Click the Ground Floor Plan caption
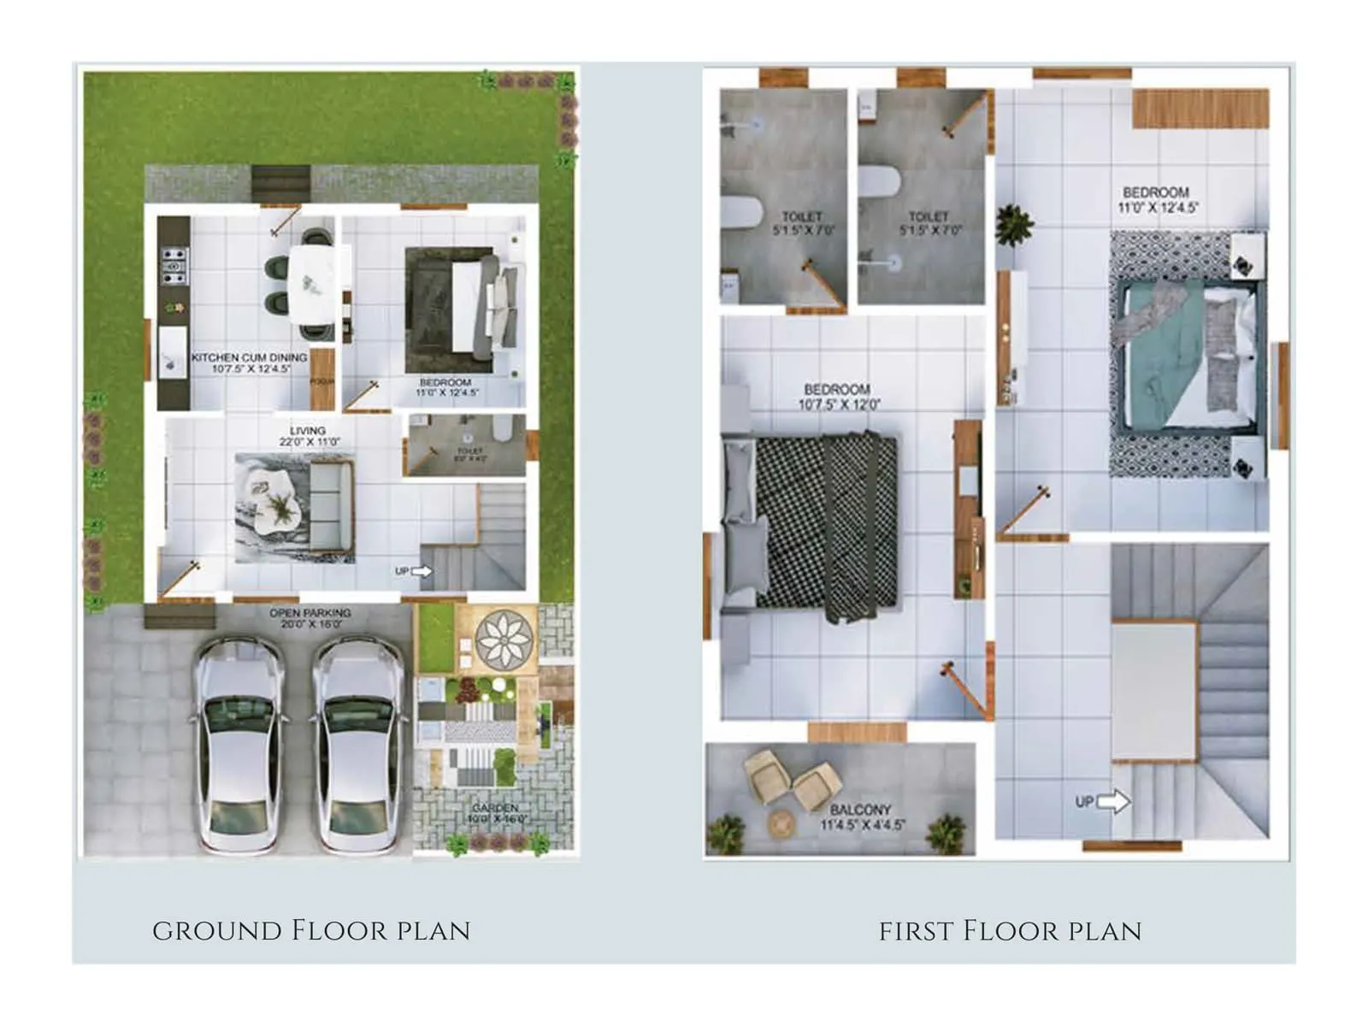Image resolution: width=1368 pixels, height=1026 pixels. [311, 930]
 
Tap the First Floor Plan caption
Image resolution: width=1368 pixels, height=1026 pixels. [1010, 930]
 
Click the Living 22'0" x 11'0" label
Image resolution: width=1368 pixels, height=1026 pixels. [309, 436]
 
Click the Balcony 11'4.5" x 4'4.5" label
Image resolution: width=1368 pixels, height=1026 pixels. [861, 817]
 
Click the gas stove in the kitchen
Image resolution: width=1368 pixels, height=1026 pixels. [174, 265]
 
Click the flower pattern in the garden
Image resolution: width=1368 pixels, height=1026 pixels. [504, 638]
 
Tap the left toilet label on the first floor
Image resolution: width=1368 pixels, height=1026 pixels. [802, 222]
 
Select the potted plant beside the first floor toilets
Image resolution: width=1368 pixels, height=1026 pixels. [1015, 224]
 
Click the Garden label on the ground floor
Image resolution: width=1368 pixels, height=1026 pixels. [496, 813]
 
